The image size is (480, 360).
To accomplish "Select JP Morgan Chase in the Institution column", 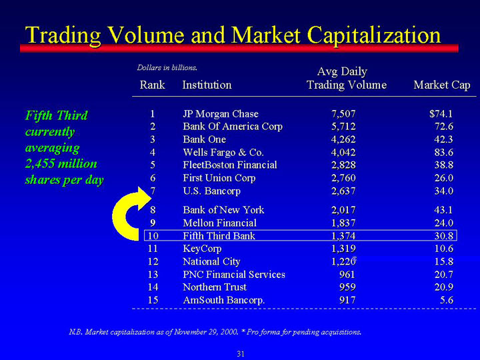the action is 221,114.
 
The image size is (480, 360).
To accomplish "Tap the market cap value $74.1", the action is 441,114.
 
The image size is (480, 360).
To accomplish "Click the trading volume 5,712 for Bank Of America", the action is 343,127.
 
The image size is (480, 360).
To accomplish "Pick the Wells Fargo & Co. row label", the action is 223,153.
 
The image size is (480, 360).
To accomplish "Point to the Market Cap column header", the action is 442,85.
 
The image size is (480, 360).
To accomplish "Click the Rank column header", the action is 152,85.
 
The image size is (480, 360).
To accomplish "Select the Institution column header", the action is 207,85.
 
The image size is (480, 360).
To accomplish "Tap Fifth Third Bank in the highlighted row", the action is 219,236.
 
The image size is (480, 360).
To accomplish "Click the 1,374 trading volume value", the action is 343,236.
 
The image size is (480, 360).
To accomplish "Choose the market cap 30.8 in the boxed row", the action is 444,236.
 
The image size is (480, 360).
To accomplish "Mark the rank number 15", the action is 153,300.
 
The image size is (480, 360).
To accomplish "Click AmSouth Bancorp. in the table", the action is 224,300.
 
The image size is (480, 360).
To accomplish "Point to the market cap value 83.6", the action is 444,153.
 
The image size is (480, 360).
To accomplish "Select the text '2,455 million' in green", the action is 61,164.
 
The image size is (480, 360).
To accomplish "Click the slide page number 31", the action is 241,354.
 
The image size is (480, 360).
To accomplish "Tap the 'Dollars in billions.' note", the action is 167,67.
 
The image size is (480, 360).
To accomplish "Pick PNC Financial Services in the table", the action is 234,274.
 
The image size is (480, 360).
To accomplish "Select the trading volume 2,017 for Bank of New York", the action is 343,210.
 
